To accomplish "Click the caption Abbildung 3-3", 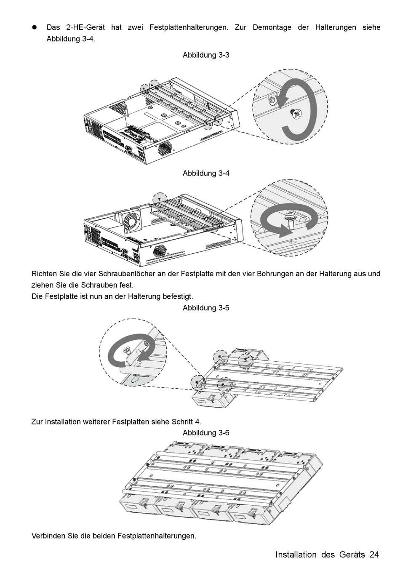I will (x=206, y=55).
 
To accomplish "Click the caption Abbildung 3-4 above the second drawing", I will (x=206, y=173).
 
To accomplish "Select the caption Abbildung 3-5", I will (x=206, y=308).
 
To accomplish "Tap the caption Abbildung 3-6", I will (x=206, y=433).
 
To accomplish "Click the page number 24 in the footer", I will (x=374, y=555).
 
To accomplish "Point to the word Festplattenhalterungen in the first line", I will (x=189, y=27).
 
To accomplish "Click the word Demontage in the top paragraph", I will (x=272, y=27).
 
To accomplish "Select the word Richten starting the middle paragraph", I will (x=45, y=274).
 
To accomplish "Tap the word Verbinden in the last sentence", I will (x=48, y=536).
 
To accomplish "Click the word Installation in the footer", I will (x=296, y=555).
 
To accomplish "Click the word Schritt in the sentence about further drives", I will (x=182, y=421).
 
